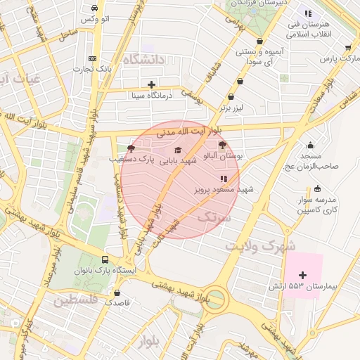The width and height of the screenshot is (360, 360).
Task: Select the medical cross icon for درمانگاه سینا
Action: (x=151, y=84)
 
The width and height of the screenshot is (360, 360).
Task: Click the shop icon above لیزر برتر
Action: (x=240, y=81)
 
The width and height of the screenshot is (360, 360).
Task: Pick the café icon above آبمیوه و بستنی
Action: (x=261, y=41)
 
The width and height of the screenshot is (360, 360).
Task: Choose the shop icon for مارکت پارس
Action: (x=348, y=48)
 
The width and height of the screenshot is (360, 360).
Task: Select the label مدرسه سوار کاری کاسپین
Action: (x=316, y=205)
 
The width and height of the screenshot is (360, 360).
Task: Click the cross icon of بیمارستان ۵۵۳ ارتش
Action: (x=303, y=275)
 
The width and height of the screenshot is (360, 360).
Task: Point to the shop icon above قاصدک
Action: (x=117, y=292)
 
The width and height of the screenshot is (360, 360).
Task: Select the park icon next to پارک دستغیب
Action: (x=131, y=148)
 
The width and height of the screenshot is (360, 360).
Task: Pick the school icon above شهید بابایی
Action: (x=177, y=150)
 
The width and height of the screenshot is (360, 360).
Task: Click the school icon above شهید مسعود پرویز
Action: (x=224, y=179)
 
